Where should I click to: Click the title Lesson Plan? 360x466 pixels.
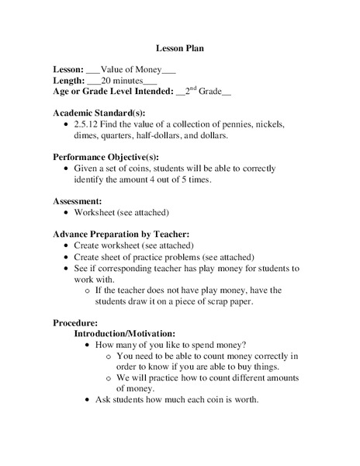[179, 48]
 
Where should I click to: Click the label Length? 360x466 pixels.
[68, 80]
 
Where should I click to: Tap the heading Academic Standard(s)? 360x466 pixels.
[99, 113]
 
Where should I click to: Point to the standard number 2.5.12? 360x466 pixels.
[88, 124]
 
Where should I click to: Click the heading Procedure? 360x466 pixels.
[75, 322]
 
